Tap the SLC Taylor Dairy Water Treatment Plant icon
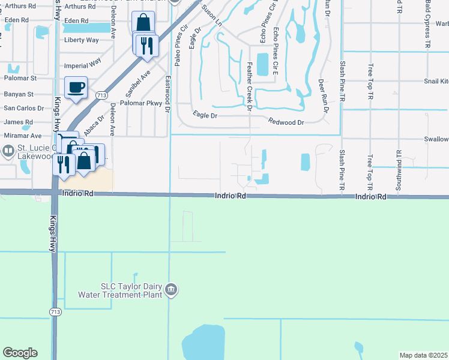point(172,290)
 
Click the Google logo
point(20,353)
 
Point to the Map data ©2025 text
point(424,355)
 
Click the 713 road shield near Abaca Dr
point(101,95)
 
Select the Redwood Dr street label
point(287,122)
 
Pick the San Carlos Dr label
point(24,109)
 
